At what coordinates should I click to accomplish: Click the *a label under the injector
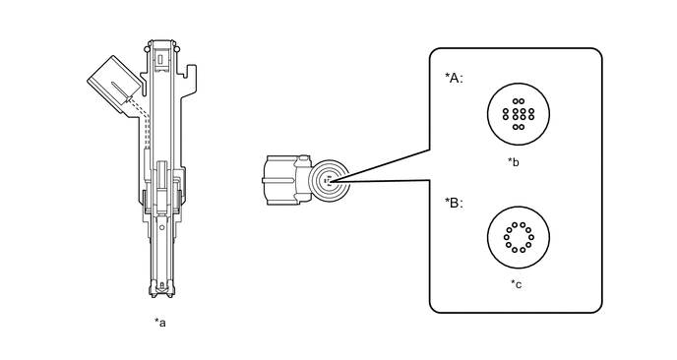(160, 323)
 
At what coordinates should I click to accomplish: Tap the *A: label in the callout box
(454, 78)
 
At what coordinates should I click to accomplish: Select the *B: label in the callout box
(454, 203)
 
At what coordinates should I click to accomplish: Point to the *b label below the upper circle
(514, 162)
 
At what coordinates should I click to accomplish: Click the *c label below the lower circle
(516, 284)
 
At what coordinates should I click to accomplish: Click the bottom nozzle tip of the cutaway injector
(161, 290)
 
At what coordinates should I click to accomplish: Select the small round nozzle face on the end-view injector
(330, 180)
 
